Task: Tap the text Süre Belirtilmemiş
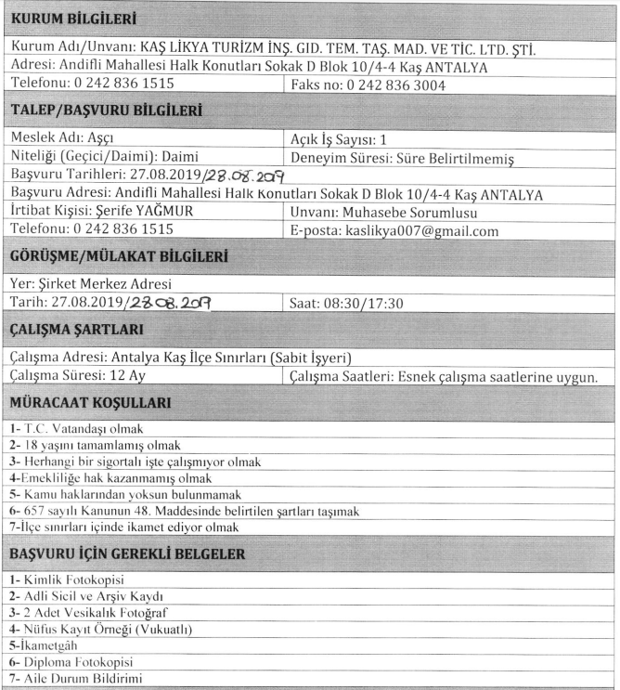point(463,158)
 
